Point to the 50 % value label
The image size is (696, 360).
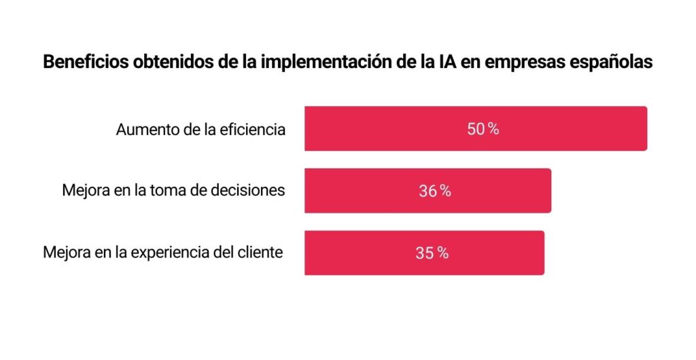click(483, 129)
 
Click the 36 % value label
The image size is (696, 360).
click(435, 191)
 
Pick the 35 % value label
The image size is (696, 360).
click(432, 253)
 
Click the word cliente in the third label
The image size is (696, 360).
click(260, 253)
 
